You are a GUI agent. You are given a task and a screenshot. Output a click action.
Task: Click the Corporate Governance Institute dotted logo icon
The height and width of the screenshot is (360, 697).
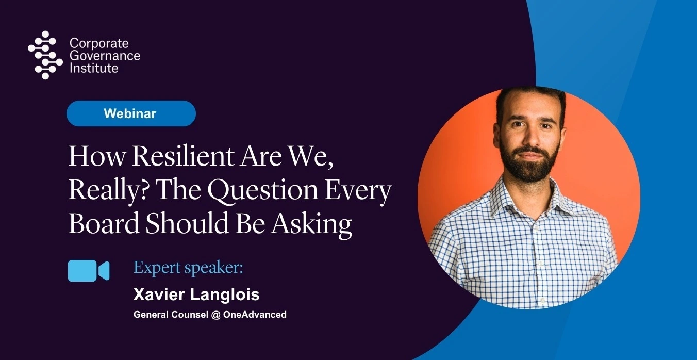tap(45, 55)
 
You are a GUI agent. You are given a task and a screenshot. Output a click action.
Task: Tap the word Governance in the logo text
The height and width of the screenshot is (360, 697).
tap(105, 56)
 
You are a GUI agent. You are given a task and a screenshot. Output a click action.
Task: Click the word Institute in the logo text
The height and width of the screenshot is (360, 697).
tap(94, 68)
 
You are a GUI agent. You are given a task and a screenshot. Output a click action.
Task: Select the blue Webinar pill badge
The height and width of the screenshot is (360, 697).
tap(131, 113)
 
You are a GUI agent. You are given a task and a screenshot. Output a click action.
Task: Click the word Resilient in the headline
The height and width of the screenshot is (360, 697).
tap(183, 156)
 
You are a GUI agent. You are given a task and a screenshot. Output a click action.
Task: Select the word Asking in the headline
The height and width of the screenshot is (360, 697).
tap(311, 225)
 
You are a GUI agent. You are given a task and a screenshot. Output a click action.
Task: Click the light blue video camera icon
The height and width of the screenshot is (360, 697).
tap(89, 271)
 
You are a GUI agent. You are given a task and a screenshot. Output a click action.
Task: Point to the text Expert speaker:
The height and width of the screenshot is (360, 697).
tap(188, 268)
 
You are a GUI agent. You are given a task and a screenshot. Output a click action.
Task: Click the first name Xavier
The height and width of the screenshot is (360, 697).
tap(159, 294)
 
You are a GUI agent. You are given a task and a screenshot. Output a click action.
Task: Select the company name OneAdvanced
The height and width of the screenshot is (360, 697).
tap(255, 315)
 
